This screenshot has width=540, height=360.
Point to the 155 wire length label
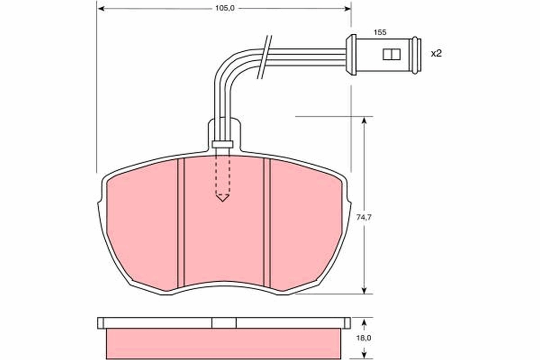pos(380,32)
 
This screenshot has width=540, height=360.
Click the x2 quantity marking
pos(436,54)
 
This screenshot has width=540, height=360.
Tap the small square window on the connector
pos(391,54)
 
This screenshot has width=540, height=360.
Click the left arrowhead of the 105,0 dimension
pos(101,8)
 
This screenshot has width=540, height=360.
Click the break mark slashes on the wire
pos(265,57)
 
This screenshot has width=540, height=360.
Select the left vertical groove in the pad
pos(181,223)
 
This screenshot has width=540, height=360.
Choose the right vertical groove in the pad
pos(267,223)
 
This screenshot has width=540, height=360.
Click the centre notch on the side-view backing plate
pos(224,323)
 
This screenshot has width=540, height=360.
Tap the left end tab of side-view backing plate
pos(100,323)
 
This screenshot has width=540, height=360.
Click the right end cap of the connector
pos(416,54)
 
